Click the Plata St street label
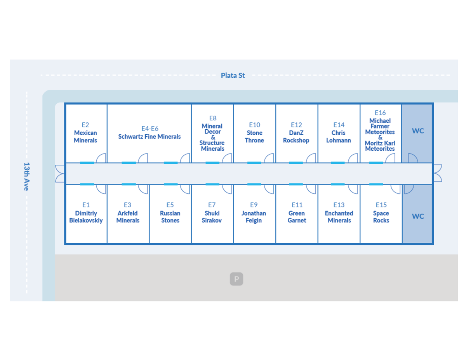233,75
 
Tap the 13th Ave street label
26,176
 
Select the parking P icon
236,279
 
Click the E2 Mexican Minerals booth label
85,132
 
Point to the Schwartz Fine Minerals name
150,137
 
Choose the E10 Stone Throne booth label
254,132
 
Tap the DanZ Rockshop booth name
296,137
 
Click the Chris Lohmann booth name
339,137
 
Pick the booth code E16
380,113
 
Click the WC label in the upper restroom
418,131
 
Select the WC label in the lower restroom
418,216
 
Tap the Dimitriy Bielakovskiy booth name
86,217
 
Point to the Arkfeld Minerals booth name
128,217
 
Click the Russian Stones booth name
170,217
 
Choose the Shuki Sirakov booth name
212,217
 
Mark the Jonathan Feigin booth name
254,217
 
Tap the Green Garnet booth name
297,217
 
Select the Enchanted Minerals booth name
339,217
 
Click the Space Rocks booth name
381,217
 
